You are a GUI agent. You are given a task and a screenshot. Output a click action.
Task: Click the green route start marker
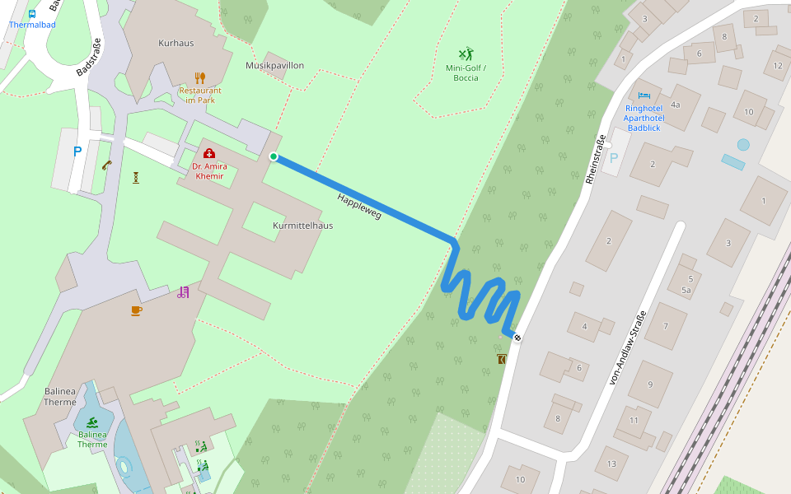coord(274,156)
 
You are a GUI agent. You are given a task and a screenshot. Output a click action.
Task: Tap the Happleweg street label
coord(359,206)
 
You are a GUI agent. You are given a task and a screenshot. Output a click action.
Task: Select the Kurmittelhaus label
coord(302,225)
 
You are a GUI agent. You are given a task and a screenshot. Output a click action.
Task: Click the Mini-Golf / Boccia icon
coord(466,54)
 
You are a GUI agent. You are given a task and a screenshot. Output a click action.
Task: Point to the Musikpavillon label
coord(274,65)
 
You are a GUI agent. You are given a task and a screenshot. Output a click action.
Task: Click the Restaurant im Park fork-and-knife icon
coord(199,77)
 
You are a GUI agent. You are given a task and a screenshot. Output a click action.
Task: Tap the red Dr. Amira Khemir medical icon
coord(208,153)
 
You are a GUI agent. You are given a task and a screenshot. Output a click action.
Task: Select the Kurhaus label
coord(176,43)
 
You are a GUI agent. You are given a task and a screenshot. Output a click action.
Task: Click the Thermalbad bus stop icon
coord(32,13)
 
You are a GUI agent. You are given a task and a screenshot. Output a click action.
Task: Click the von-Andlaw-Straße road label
coord(626,347)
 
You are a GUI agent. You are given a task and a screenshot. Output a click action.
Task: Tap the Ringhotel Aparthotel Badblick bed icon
coord(644,96)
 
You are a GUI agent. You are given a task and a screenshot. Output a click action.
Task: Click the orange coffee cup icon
coord(136,310)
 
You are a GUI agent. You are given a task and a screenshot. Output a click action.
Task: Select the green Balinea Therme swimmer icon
coord(92,422)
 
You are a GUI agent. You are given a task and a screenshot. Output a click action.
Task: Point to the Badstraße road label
coord(88,58)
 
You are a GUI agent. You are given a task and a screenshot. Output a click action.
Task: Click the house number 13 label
coord(611,464)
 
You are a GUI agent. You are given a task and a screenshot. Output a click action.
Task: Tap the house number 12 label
coord(777,66)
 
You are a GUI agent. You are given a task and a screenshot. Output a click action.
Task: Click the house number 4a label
coord(675,105)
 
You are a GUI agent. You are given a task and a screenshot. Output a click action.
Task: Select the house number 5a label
coord(686,291)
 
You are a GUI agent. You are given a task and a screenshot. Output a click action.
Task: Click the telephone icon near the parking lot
coord(107,165)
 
